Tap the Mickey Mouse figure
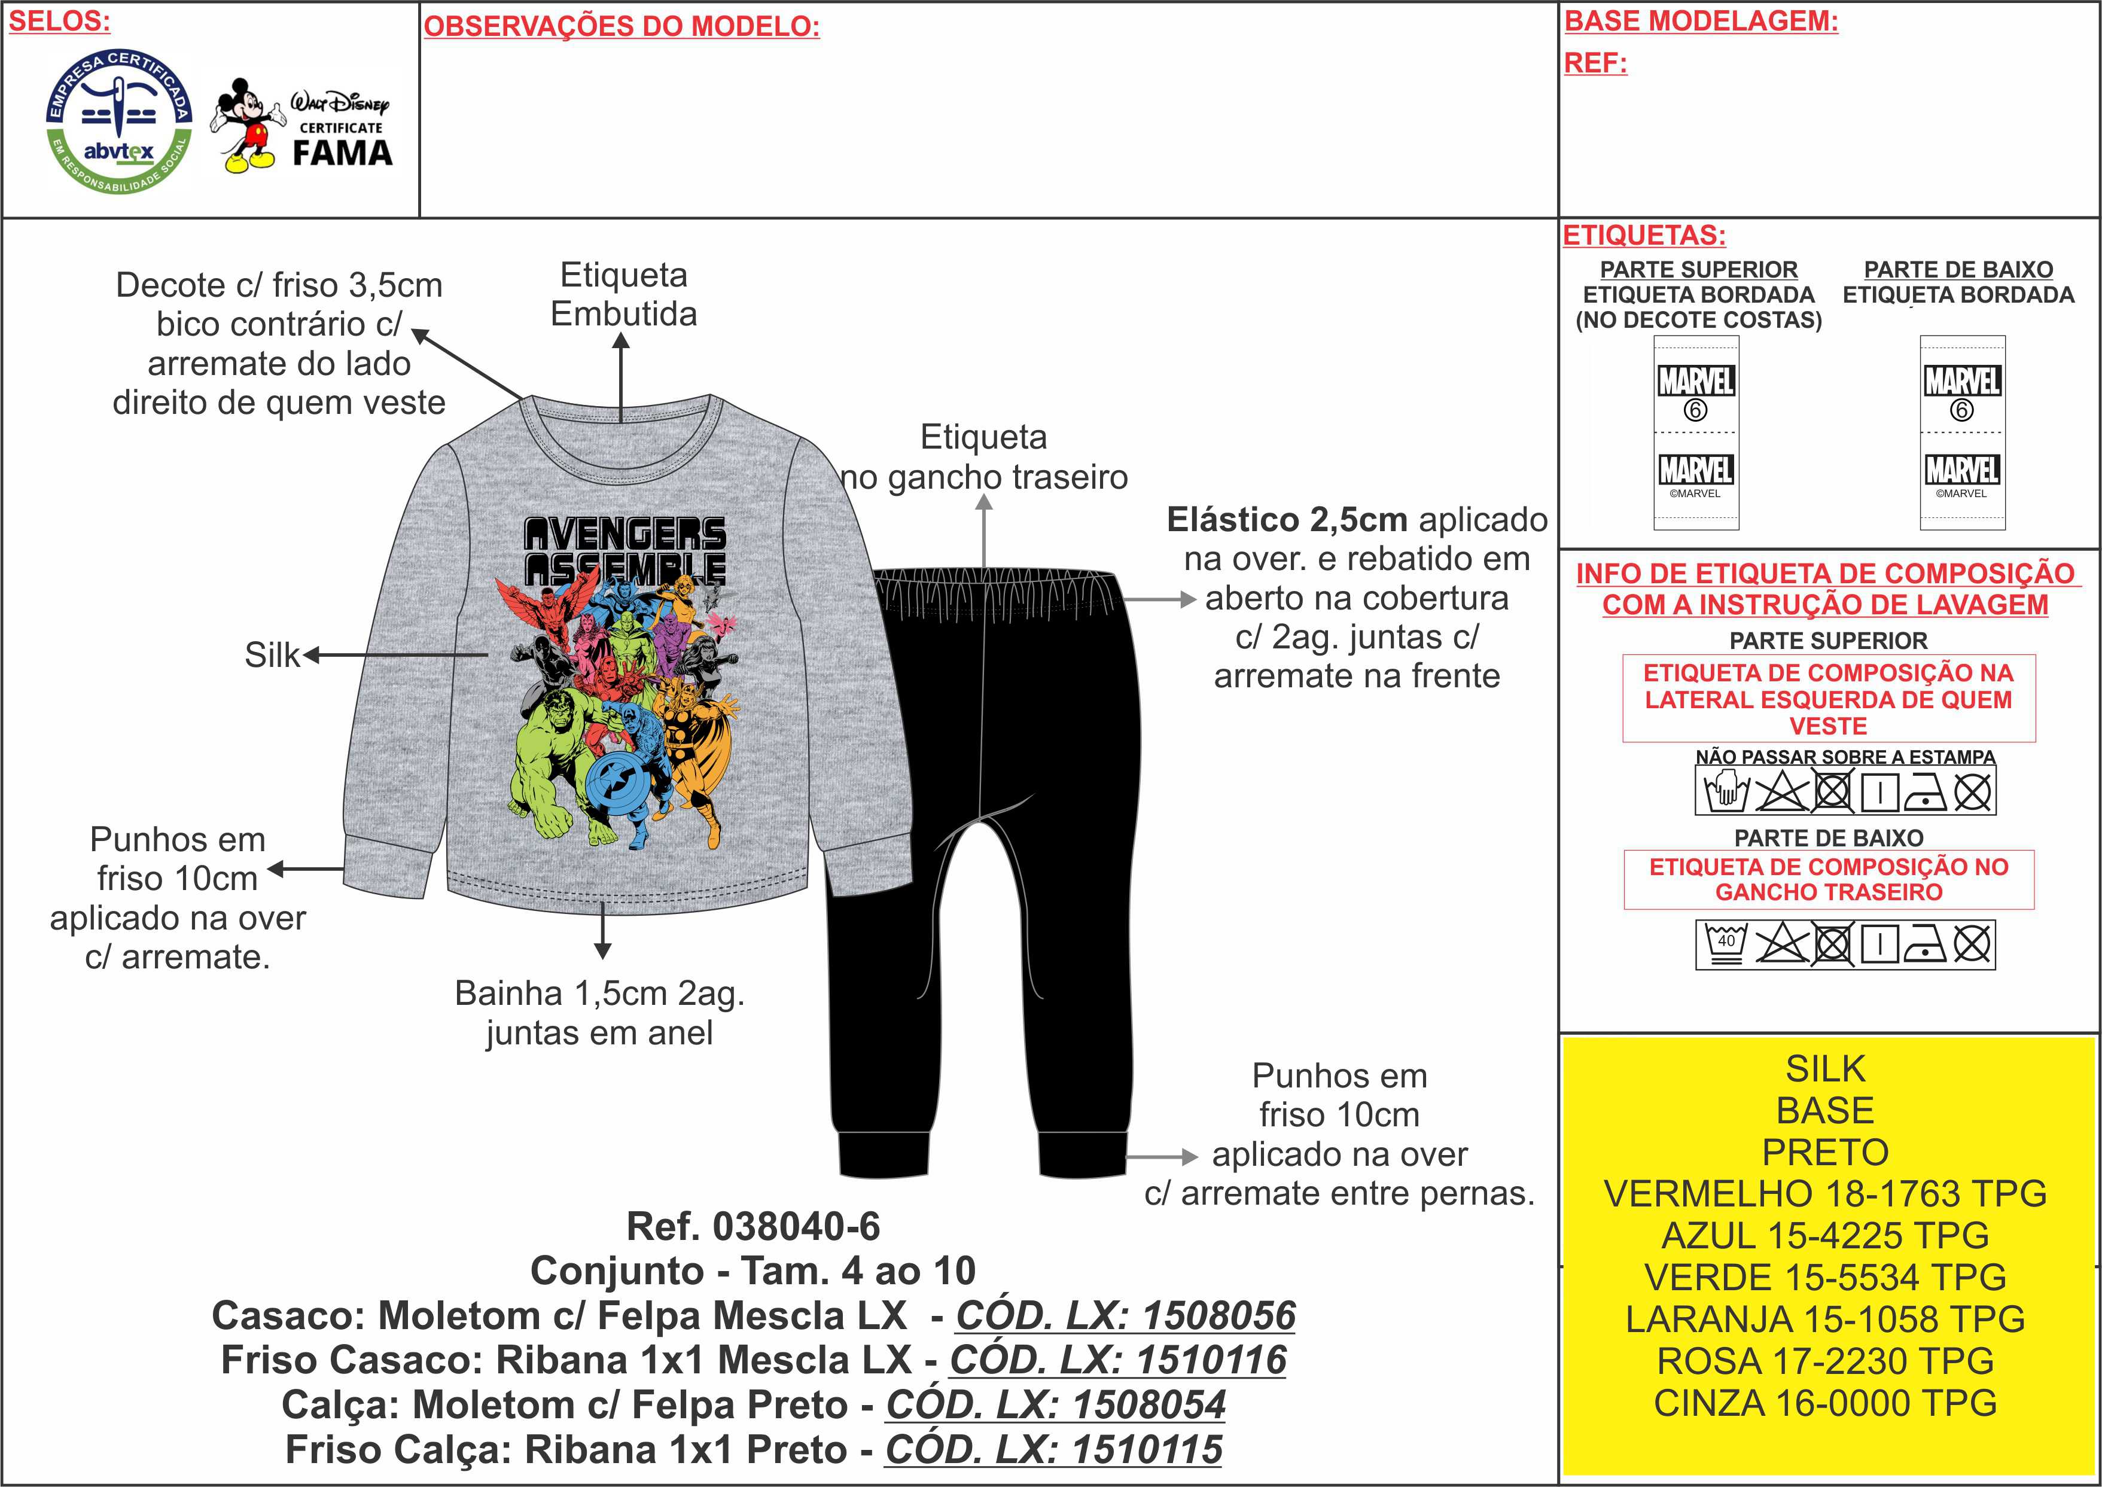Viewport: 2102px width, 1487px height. tap(245, 126)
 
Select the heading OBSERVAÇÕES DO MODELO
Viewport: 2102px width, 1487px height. tap(622, 26)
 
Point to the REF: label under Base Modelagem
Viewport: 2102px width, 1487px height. tap(1595, 63)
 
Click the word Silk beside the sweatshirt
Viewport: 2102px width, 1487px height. tap(272, 655)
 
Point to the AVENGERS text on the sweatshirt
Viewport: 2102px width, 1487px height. tap(624, 533)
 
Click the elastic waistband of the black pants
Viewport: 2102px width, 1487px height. tap(995, 586)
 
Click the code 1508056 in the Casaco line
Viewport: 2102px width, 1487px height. tap(1218, 1316)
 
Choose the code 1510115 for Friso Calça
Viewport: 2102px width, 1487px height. tap(1146, 1449)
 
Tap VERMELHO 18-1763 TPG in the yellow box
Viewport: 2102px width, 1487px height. tap(1824, 1194)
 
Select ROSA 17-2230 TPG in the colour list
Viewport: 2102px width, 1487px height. tap(1824, 1361)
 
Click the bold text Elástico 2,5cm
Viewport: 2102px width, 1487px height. tap(1286, 520)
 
